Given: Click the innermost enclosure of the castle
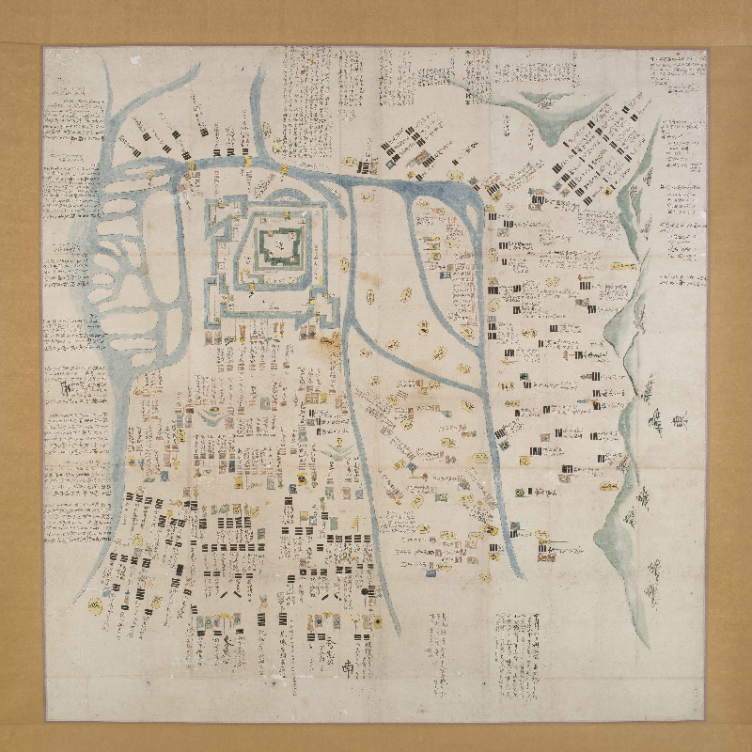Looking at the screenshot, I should pos(278,245).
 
